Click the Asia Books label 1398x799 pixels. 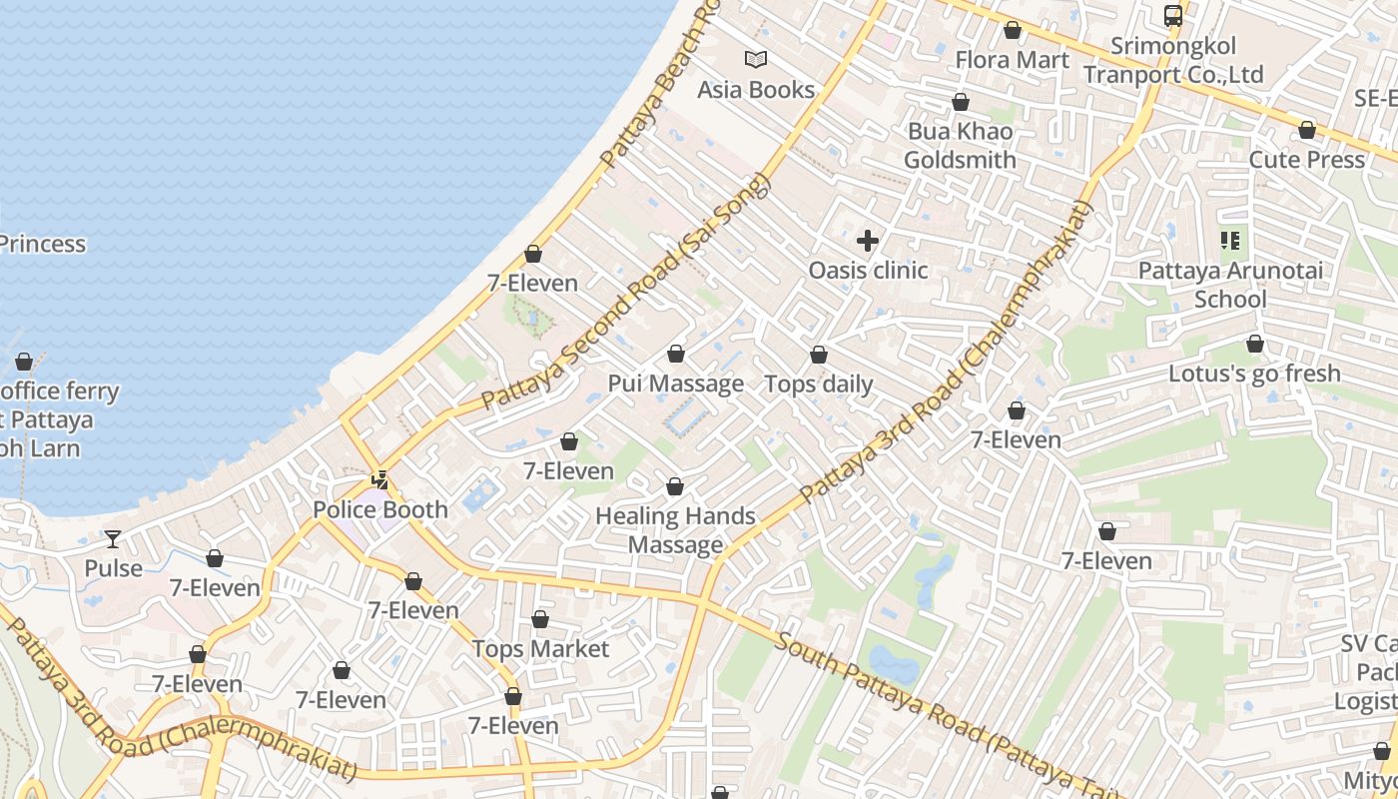756,90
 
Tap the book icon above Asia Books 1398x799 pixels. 756,60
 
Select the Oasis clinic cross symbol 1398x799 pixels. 868,241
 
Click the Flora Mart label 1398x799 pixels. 1012,60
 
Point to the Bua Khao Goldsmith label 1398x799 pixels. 960,146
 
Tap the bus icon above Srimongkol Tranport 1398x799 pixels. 1173,16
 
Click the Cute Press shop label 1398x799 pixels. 1306,160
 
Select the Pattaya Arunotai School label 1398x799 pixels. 1230,285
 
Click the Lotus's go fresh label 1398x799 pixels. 1254,374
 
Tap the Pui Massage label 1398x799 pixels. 676,384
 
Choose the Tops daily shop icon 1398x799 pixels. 819,355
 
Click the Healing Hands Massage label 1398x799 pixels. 675,530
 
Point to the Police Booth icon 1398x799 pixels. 379,480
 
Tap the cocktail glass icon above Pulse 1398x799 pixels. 113,539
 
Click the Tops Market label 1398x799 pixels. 540,649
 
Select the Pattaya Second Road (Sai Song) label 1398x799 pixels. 627,292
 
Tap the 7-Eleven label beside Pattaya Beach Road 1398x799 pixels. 532,284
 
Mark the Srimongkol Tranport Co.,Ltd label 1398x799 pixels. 1173,60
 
